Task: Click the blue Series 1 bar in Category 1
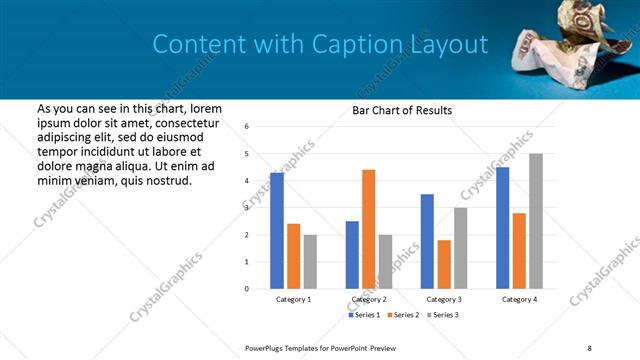coord(277,231)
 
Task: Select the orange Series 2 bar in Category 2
coord(368,229)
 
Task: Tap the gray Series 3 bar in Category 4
coord(536,221)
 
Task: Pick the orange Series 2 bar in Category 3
coord(444,264)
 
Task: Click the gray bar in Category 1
coord(310,262)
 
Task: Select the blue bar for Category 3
coord(427,241)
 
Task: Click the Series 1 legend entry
coord(364,315)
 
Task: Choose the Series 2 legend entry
coord(403,315)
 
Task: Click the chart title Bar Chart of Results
coord(402,111)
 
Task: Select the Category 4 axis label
coord(519,299)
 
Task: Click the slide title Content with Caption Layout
coord(320,44)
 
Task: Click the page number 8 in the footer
coord(589,347)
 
